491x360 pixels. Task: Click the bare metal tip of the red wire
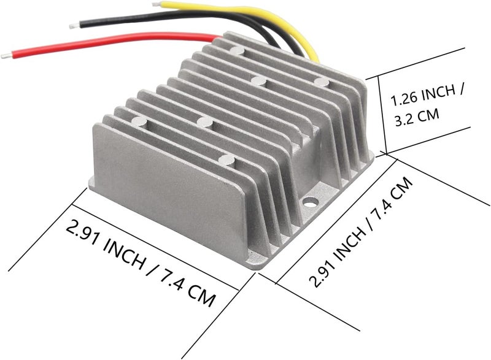[6, 56]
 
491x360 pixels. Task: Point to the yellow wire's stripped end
[157, 4]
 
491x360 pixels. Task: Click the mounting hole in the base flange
[310, 202]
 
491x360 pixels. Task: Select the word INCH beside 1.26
[438, 93]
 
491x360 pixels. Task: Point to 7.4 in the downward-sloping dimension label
[173, 278]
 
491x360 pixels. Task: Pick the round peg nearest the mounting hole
[226, 159]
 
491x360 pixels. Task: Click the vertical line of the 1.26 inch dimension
[382, 115]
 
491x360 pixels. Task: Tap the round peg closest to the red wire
[237, 50]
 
